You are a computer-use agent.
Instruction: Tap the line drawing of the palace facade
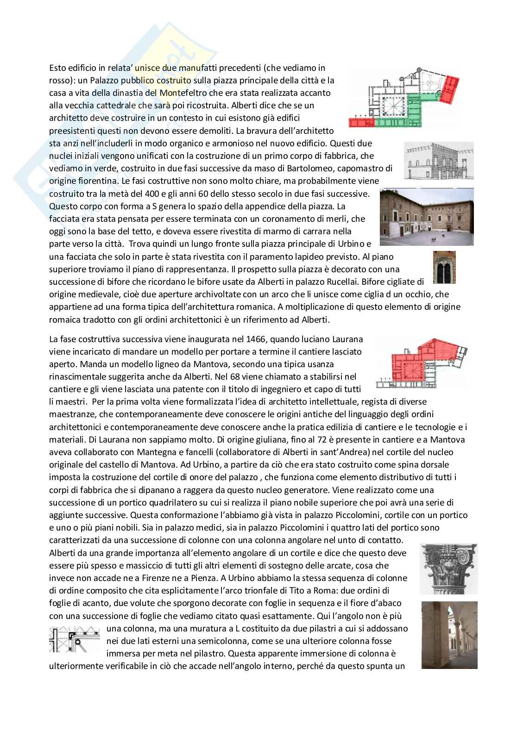pyautogui.click(x=439, y=161)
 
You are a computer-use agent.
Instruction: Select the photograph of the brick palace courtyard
pyautogui.click(x=426, y=217)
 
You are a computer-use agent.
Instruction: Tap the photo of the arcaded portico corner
pyautogui.click(x=449, y=635)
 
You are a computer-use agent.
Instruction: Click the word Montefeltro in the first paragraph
pyautogui.click(x=181, y=93)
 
